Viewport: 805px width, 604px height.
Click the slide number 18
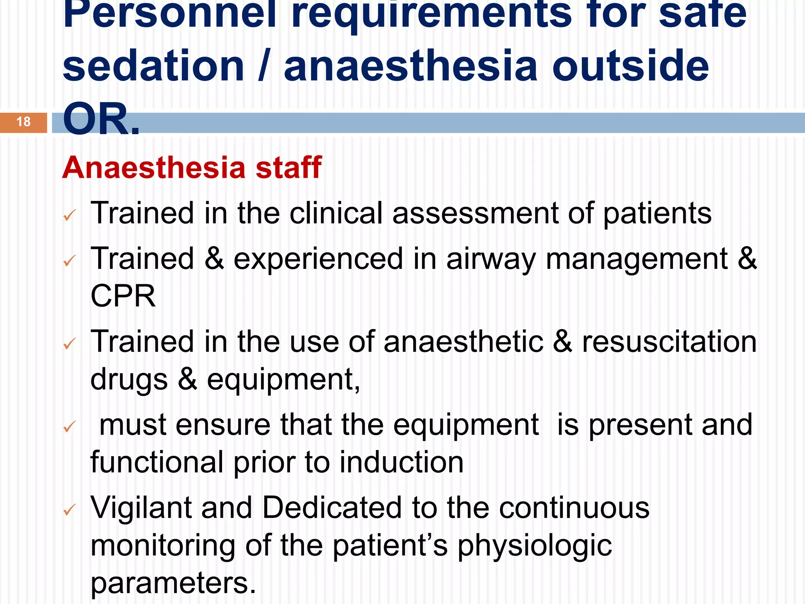pyautogui.click(x=24, y=122)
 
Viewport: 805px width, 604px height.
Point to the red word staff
pyautogui.click(x=289, y=168)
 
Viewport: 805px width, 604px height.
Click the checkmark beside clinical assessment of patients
pyautogui.click(x=70, y=215)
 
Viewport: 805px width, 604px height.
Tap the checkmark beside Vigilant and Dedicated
pyautogui.click(x=70, y=510)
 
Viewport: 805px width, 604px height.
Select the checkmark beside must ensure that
pyautogui.click(x=70, y=426)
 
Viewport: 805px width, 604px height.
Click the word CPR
pyautogui.click(x=123, y=296)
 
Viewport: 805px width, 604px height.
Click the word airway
pyautogui.click(x=491, y=259)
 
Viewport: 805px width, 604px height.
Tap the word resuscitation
pyautogui.click(x=669, y=342)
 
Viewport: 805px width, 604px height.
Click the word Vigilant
pyautogui.click(x=141, y=508)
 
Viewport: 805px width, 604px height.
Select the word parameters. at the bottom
pyautogui.click(x=173, y=583)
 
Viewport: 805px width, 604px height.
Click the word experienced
pyautogui.click(x=318, y=259)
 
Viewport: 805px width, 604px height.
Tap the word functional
pyautogui.click(x=157, y=462)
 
